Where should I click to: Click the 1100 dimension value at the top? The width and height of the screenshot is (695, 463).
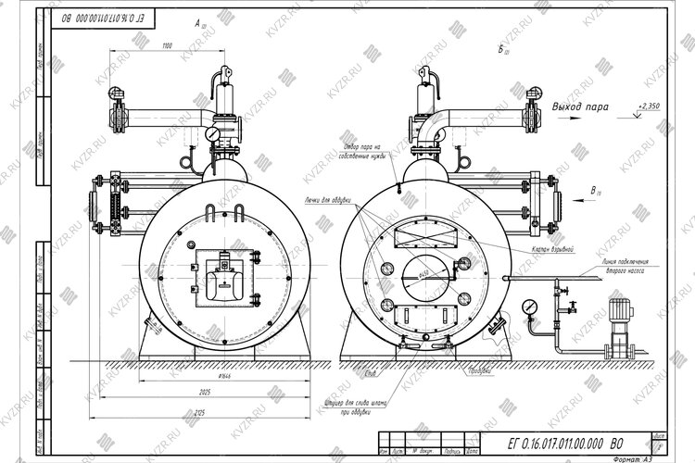pyautogui.click(x=167, y=45)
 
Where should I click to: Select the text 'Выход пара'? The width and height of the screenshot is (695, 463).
pyautogui.click(x=580, y=107)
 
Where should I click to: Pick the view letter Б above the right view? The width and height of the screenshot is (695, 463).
pyautogui.click(x=501, y=47)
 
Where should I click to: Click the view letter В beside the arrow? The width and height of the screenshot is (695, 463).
pyautogui.click(x=594, y=191)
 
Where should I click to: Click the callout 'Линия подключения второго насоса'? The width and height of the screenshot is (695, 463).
pyautogui.click(x=627, y=269)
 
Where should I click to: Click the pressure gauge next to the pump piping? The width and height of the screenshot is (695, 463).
pyautogui.click(x=530, y=306)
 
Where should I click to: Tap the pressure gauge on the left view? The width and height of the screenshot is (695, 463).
pyautogui.click(x=213, y=134)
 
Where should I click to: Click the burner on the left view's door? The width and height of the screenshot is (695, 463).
pyautogui.click(x=222, y=277)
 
